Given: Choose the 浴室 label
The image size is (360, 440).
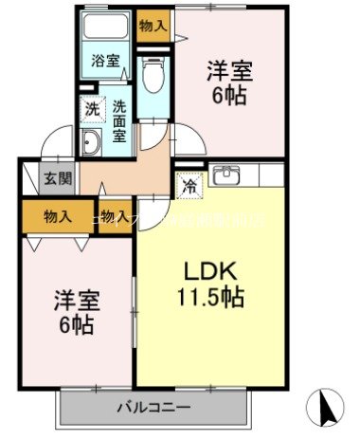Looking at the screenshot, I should (105, 62).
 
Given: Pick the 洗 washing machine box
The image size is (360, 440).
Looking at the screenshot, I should (91, 108).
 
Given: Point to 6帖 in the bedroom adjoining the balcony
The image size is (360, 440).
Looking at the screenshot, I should (73, 326).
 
